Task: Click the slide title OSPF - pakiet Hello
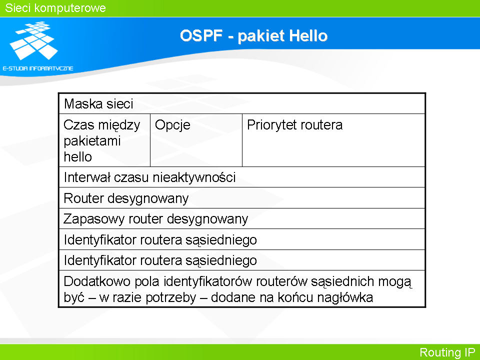click(253, 36)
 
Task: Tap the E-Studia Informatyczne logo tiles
click(33, 40)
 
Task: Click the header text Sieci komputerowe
click(55, 8)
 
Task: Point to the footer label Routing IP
click(447, 352)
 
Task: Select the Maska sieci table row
click(242, 104)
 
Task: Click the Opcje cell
click(196, 140)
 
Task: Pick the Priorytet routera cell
click(333, 140)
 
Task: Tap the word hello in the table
click(78, 156)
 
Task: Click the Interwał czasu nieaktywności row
click(242, 177)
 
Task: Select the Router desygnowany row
click(242, 198)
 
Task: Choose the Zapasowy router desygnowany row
click(242, 219)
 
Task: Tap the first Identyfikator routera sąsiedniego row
click(242, 239)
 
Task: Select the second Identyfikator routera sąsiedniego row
click(242, 260)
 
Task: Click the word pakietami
click(92, 141)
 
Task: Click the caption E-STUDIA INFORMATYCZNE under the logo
click(38, 68)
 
